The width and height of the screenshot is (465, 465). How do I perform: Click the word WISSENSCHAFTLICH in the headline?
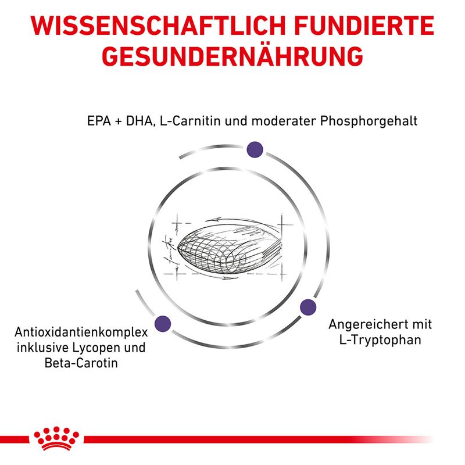158,26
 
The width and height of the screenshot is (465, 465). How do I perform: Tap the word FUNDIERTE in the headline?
364,26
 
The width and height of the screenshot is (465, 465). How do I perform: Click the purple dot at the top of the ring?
255,149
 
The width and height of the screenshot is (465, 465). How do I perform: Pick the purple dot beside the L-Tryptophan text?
308,307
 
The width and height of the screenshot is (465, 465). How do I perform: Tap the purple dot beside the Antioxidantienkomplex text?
163,324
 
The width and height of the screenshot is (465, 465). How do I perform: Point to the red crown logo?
56,438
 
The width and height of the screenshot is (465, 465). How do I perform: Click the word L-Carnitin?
190,121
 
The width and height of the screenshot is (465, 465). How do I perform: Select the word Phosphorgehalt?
369,121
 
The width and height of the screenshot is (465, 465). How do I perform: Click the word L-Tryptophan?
380,340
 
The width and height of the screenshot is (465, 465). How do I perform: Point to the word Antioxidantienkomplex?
81,332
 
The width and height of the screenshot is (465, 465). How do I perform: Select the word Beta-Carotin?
81,363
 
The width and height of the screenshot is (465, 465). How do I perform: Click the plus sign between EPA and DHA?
119,121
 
